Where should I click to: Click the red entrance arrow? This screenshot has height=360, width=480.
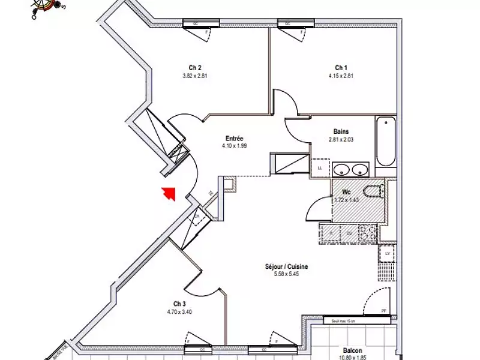tap(168, 193)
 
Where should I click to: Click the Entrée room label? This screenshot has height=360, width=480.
tap(234, 137)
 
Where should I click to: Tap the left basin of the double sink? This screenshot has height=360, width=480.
tap(342, 169)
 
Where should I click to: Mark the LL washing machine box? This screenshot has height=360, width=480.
tap(320, 167)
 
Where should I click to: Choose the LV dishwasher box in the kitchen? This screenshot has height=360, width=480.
tap(387, 254)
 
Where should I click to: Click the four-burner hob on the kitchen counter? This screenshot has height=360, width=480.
tap(367, 232)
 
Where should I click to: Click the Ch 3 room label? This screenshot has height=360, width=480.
tap(180, 304)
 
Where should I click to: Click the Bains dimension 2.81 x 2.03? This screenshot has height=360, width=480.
tap(341, 139)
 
